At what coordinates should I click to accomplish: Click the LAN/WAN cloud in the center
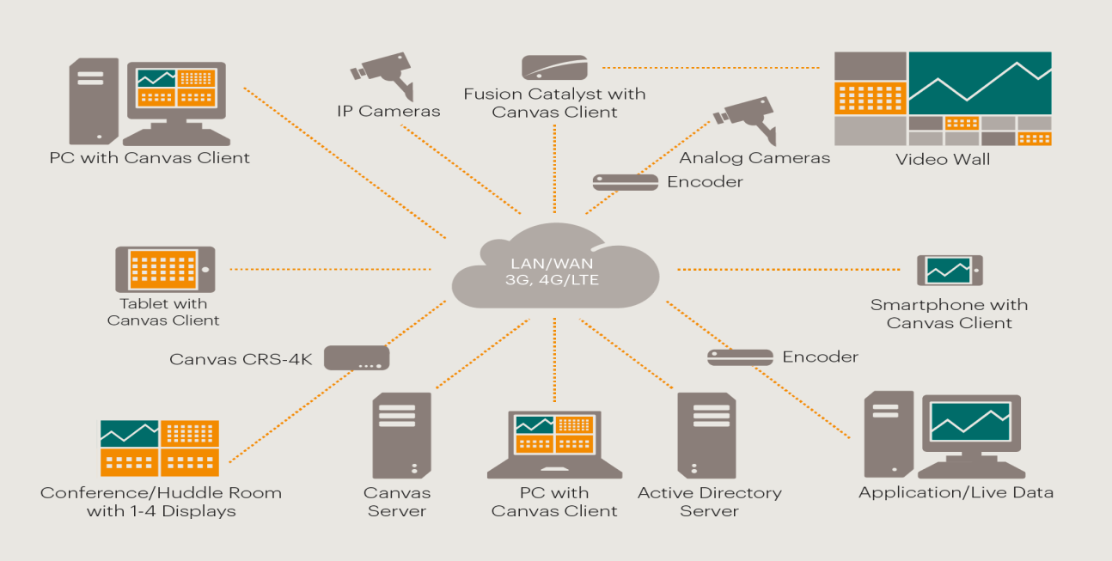point(555,266)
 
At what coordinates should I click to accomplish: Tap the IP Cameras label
point(388,111)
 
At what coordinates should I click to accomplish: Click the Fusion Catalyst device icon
point(554,68)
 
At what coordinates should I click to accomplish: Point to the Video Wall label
point(942,159)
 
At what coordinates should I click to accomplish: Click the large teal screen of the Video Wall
point(980,83)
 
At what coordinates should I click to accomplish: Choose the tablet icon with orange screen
point(165,269)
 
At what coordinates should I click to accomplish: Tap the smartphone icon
point(949,270)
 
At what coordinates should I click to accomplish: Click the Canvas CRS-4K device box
point(357,357)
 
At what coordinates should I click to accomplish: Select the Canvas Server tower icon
point(401,436)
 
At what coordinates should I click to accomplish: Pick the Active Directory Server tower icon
point(706,436)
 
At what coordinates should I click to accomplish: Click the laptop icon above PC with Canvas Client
point(554,443)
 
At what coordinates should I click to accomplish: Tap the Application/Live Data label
point(956,492)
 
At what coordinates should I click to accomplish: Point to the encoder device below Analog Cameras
point(626,182)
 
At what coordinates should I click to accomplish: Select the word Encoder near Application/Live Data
point(820,357)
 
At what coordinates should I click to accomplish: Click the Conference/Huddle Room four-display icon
point(160,448)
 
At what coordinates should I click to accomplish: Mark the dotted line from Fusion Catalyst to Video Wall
point(713,67)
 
